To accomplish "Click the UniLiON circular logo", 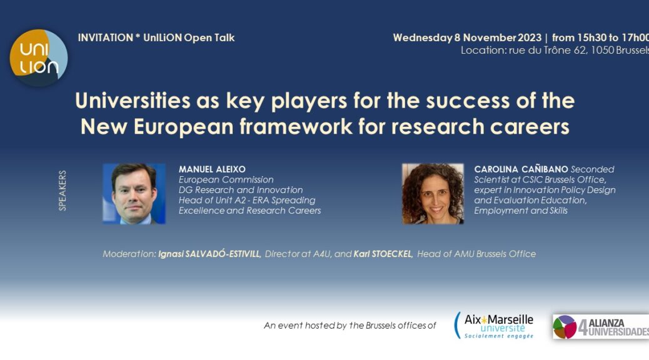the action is tap(39, 57).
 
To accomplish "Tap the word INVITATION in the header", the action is tap(106, 37).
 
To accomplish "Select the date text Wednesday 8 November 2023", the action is tap(467, 37).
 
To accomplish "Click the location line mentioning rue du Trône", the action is tap(555, 51).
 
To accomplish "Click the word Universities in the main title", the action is tap(133, 101).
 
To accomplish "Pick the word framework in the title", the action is tap(296, 126).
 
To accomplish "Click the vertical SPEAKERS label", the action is tap(63, 191).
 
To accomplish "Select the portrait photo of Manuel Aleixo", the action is tap(134, 194).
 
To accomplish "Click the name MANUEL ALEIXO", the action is tap(212, 169).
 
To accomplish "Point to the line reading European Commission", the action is tap(226, 179).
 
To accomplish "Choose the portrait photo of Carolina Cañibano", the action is tap(433, 194).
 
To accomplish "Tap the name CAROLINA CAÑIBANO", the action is tap(521, 169).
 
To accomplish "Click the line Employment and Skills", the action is tap(521, 211).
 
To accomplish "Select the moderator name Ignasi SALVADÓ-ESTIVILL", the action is tap(209, 254).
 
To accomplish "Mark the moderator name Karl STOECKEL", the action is tap(383, 254).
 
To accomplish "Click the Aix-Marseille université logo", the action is tap(494, 326).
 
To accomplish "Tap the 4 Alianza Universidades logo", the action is tap(601, 326).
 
